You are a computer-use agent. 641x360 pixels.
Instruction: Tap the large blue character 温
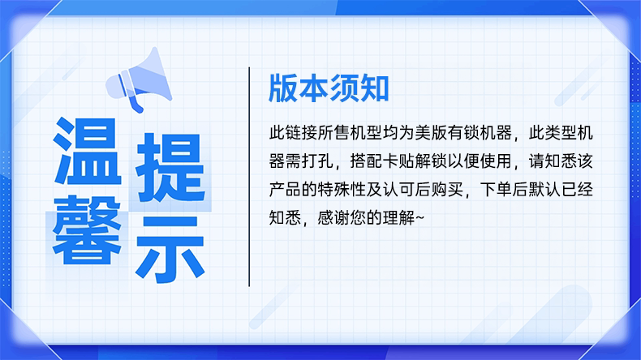88,151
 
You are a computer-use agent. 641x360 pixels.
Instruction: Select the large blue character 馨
87,230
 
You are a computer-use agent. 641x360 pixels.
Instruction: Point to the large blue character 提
170,168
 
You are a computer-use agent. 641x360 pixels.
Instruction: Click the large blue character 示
170,249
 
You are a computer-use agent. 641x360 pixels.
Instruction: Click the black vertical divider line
249,177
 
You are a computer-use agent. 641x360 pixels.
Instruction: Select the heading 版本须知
329,88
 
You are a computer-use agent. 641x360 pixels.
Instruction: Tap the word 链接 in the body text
301,133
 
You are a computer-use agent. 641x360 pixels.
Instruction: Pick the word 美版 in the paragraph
431,133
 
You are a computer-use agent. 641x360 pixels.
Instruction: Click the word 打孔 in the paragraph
317,161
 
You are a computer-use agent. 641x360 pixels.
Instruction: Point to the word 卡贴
398,161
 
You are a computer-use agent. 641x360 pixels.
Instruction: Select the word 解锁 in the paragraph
431,161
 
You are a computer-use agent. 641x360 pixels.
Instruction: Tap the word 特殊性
342,190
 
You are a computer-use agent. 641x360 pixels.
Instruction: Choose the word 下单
496,190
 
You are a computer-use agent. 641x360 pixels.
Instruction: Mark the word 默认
544,190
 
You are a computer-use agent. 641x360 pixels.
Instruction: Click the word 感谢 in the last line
333,218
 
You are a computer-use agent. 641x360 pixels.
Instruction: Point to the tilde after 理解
419,218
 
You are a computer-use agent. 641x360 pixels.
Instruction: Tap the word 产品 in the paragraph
285,190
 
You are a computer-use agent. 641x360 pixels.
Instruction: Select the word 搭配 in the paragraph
366,161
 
